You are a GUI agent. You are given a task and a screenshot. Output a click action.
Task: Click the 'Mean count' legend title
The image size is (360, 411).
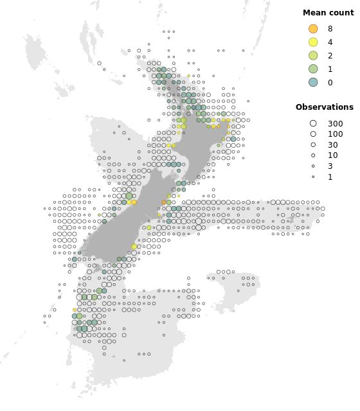[328, 12]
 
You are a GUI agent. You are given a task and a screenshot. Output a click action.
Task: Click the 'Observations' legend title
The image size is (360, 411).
[324, 107]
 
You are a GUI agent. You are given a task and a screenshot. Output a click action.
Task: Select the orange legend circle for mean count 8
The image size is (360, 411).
[313, 29]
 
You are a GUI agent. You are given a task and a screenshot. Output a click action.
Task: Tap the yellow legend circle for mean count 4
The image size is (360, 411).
[313, 42]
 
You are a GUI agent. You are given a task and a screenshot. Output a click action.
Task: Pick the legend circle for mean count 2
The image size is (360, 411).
[313, 55]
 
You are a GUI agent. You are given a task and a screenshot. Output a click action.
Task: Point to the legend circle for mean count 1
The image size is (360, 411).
[313, 69]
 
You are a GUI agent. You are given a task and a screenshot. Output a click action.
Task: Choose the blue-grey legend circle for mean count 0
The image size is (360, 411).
[313, 82]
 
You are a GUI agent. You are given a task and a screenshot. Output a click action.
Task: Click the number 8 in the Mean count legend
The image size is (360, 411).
[330, 29]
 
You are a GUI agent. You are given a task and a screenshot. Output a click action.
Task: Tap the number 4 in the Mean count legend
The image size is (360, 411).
[330, 42]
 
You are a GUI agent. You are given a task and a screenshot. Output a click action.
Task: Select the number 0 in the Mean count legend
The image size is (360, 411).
[330, 82]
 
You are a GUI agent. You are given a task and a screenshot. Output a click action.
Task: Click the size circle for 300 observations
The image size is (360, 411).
[313, 123]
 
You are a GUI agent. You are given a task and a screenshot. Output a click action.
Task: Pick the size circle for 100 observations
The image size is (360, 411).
[313, 134]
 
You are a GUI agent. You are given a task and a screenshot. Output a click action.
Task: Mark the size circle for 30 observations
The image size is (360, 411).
[313, 145]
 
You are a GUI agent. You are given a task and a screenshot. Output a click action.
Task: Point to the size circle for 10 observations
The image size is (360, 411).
[313, 155]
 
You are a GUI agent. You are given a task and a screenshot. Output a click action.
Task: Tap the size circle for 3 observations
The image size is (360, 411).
[313, 166]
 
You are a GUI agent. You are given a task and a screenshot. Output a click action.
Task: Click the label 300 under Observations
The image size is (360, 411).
[336, 124]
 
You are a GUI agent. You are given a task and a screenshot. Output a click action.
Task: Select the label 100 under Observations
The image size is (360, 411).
[336, 134]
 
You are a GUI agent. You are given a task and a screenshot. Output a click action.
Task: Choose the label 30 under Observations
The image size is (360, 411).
[333, 145]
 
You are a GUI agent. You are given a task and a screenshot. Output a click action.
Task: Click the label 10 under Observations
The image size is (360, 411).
[333, 155]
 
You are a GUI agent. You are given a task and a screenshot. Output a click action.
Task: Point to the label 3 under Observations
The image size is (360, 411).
[330, 166]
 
